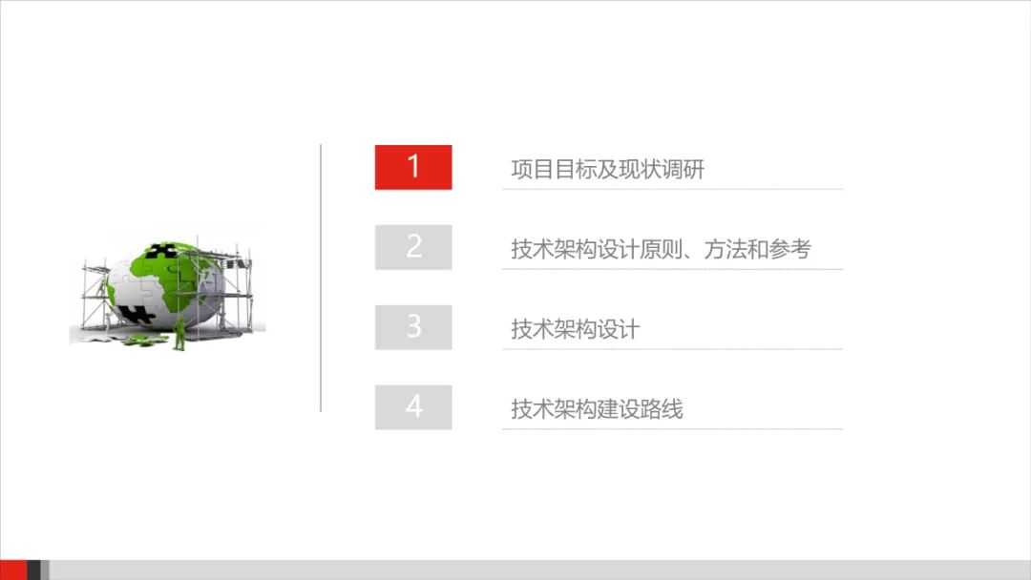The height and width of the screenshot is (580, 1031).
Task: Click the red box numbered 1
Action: pos(412,167)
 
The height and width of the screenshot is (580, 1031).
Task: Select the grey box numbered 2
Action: pos(412,247)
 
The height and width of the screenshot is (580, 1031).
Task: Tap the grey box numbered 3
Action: pos(412,327)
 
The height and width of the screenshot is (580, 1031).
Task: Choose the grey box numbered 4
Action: pos(412,407)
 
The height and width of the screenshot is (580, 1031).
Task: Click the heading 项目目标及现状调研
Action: pos(607,170)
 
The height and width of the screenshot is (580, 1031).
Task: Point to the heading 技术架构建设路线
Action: pos(597,410)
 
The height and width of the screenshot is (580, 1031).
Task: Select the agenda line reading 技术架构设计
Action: pos(575,330)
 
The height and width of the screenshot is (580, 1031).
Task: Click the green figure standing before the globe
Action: pos(179,334)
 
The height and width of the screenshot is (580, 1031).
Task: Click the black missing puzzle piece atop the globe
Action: pos(163,253)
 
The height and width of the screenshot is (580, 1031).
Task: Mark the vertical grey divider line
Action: pos(321,278)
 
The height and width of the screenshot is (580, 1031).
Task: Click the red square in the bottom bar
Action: pos(13,570)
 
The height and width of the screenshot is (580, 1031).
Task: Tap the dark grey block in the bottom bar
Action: pos(33,570)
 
